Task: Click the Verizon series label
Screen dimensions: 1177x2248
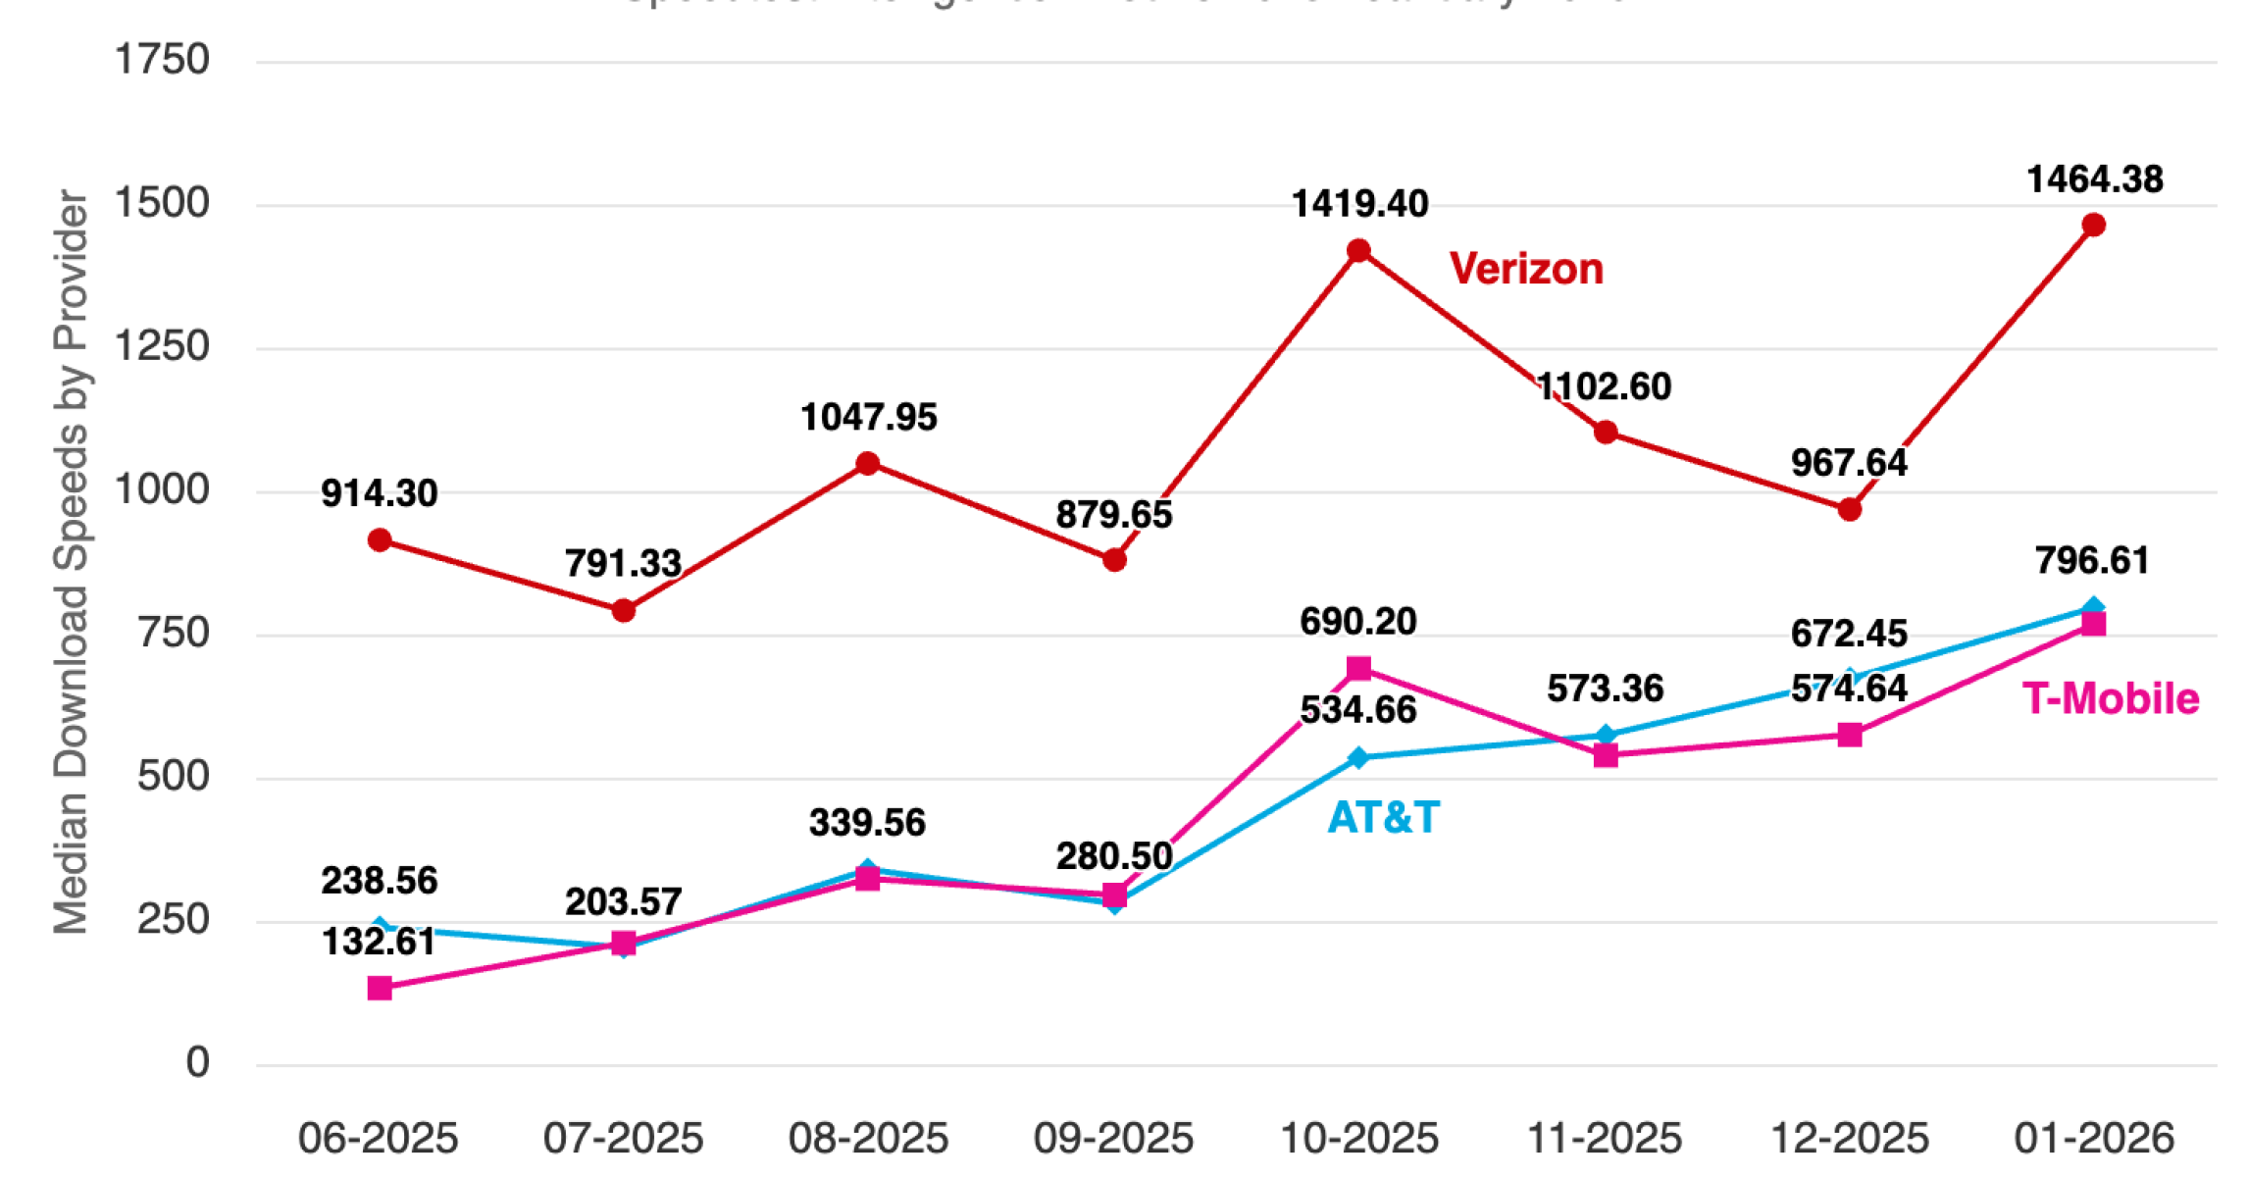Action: (1526, 269)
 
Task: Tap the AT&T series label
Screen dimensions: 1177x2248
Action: (1383, 817)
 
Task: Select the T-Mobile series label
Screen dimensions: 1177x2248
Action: (2111, 698)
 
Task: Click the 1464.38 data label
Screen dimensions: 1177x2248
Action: (2095, 179)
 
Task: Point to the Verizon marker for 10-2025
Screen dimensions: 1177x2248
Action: (1358, 251)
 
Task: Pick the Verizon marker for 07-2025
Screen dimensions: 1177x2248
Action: (623, 611)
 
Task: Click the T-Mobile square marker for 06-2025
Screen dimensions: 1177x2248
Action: (380, 988)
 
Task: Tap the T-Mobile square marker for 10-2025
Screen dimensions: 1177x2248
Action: (1358, 669)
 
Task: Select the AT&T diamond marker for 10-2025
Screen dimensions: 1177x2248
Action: (1358, 757)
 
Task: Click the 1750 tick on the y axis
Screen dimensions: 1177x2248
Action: (162, 60)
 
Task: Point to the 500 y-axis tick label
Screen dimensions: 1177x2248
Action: (174, 777)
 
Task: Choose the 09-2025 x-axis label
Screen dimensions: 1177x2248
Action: (1113, 1139)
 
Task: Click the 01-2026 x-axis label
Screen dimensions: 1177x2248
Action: (2094, 1139)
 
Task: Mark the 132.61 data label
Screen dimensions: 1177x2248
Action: (379, 942)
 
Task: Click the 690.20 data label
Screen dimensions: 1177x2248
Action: (1358, 621)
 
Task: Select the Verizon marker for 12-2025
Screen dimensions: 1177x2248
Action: (1850, 509)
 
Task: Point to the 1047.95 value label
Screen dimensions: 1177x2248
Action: (869, 417)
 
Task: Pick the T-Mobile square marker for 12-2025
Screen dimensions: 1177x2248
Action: (1850, 735)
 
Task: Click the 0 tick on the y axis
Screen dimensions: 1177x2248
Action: (197, 1062)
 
